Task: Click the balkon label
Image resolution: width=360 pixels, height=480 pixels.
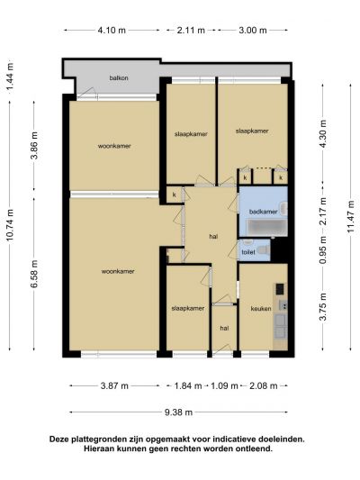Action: click(119, 78)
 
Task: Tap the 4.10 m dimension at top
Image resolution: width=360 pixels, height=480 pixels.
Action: click(112, 31)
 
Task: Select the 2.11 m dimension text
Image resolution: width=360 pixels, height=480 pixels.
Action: click(191, 31)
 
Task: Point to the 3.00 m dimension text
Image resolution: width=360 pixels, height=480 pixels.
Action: click(253, 31)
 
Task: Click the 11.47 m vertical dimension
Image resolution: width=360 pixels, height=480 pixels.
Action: click(350, 216)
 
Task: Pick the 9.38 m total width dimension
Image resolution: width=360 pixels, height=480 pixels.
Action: click(178, 412)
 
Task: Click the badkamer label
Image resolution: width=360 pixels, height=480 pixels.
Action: click(263, 212)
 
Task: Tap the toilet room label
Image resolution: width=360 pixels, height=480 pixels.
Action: click(248, 252)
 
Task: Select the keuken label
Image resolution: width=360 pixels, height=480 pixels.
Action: click(261, 308)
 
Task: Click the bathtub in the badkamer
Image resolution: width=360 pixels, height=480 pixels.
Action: click(267, 228)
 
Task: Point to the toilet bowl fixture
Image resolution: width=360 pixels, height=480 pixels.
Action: click(264, 250)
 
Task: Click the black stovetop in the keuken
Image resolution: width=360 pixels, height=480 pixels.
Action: click(280, 289)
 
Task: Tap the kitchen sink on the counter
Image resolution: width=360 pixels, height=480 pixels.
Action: click(283, 305)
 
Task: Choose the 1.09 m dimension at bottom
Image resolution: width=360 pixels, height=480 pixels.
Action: click(224, 386)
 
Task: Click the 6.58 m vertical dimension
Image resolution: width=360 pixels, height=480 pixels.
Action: click(34, 274)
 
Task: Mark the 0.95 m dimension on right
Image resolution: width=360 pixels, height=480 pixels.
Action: click(323, 250)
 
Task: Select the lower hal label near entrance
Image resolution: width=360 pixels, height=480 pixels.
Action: click(224, 328)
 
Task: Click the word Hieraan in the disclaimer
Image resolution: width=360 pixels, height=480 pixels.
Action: click(98, 449)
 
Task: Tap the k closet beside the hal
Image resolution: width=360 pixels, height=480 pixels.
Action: click(175, 195)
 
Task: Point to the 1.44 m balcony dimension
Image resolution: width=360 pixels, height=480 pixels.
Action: click(10, 77)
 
